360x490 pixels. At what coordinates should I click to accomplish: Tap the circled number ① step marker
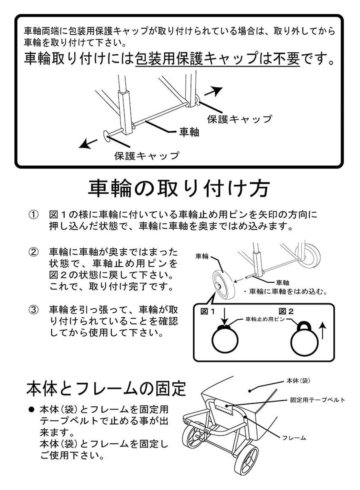pos(34,215)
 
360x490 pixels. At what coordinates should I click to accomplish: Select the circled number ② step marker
pos(34,251)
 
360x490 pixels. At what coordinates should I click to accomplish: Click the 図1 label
pos(208,311)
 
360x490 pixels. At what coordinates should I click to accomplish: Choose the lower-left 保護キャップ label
pos(147,156)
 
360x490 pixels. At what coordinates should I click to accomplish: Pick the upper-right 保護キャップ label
pos(239,119)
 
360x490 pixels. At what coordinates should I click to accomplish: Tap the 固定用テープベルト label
pos(318,400)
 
